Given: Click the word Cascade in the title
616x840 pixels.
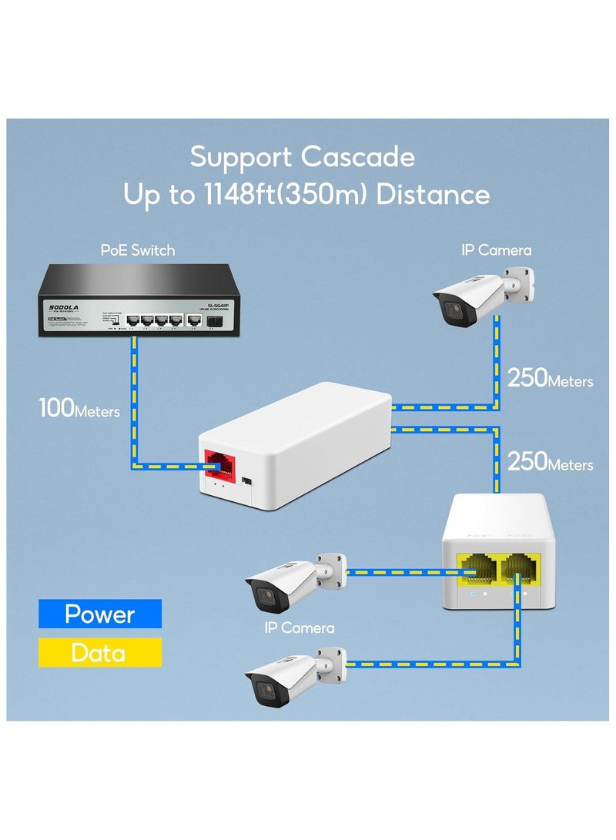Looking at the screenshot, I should [357, 157].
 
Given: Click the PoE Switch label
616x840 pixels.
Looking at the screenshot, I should [138, 250].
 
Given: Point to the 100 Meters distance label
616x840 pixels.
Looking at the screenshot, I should [79, 409].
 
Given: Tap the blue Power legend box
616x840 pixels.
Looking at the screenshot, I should [100, 614].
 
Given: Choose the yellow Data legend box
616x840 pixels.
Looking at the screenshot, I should [100, 653].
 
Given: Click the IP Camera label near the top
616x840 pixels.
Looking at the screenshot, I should [496, 250].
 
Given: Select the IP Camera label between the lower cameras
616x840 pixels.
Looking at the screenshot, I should [300, 628].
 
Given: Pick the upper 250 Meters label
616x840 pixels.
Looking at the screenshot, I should [550, 379].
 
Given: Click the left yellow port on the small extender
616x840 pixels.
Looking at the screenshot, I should [477, 572].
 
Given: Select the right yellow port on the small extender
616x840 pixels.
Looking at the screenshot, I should [520, 572].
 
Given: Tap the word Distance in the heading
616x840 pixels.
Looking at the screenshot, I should [435, 194].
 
